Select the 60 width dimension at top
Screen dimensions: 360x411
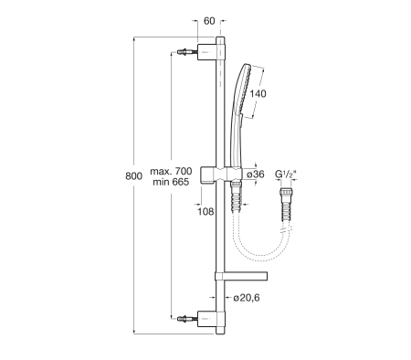[209, 20]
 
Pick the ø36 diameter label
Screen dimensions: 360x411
[256, 175]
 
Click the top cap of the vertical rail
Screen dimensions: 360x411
[220, 41]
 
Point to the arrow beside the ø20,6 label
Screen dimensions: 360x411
[226, 298]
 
